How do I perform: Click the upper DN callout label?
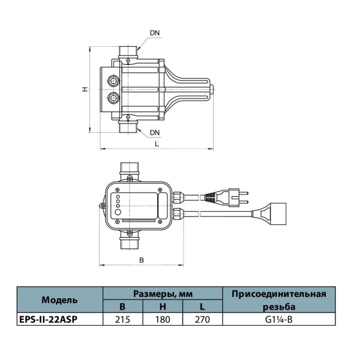155,33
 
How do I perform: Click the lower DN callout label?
155,133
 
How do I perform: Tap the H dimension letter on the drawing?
85,89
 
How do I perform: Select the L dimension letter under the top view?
157,144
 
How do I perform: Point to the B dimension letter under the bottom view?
142,260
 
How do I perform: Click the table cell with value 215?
123,319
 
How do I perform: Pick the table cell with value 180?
163,319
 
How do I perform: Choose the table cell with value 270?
203,319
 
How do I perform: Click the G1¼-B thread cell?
279,319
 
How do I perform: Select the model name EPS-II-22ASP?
48,319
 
